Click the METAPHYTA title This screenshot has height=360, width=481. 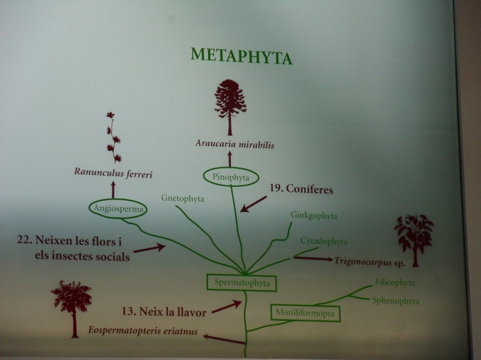242,56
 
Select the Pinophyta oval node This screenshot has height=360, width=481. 231,177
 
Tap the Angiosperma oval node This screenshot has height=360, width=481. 118,209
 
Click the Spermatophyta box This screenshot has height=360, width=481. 242,282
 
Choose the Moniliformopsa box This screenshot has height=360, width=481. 305,313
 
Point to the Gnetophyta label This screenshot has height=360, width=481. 183,198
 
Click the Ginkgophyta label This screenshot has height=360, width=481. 314,216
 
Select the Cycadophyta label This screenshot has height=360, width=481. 324,241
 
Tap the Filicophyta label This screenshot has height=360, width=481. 395,282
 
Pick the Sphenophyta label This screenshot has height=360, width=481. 396,301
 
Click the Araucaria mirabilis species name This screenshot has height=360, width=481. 234,144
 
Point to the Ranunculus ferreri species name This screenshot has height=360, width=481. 113,172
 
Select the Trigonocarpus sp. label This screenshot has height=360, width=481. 370,262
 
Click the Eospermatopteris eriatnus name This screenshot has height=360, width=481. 143,331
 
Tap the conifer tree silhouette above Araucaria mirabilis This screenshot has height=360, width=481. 230,108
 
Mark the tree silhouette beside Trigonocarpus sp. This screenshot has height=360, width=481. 414,241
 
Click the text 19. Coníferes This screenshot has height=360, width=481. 301,189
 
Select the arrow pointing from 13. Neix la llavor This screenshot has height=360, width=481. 227,307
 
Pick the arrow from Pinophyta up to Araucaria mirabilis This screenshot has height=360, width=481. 230,159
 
